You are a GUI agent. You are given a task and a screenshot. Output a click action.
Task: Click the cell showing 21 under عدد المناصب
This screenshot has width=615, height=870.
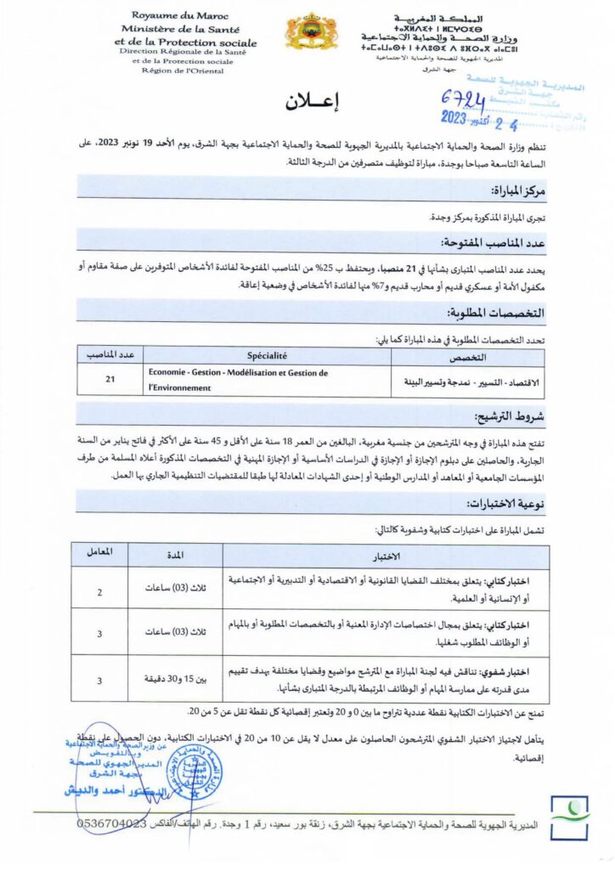pos(110,380)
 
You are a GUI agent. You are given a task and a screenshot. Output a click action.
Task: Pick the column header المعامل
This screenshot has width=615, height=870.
pos(100,552)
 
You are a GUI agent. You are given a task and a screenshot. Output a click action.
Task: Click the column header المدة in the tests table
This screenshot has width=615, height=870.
pos(175,555)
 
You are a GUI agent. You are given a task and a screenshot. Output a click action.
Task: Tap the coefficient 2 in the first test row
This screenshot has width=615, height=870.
pos(100,592)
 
